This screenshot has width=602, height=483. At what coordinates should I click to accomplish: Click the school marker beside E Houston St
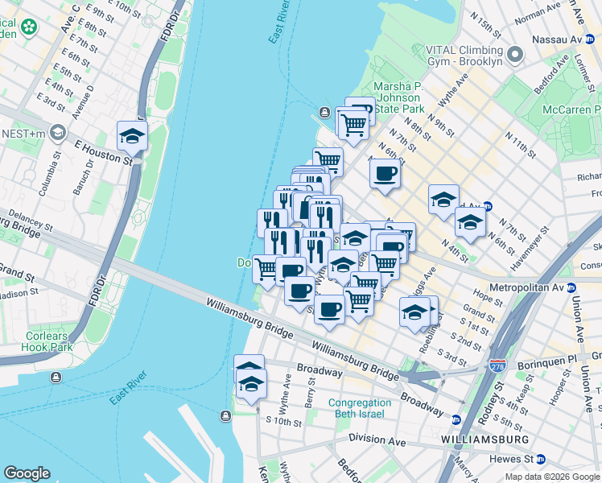pyautogui.click(x=132, y=136)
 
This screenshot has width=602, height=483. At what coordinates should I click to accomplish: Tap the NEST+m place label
pyautogui.click(x=25, y=130)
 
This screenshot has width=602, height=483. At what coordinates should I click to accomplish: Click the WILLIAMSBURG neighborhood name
pyautogui.click(x=484, y=440)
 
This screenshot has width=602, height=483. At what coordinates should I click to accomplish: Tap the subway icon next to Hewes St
pyautogui.click(x=541, y=459)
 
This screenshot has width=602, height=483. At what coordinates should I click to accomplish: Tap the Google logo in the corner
pyautogui.click(x=27, y=473)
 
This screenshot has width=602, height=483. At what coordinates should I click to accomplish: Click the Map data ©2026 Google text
pyautogui.click(x=551, y=477)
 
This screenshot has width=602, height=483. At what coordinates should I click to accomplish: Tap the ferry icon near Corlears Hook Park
pyautogui.click(x=55, y=377)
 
